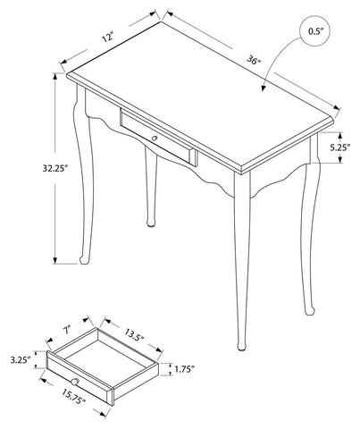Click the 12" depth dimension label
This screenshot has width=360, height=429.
108,38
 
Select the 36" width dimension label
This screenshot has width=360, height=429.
254,61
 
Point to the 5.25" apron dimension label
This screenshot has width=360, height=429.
339,147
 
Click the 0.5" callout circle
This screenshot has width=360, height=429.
315,31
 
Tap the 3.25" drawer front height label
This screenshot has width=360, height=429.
21,360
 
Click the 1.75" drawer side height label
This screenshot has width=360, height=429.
184,369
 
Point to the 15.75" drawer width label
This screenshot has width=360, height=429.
74,397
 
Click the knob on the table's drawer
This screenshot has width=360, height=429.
155,138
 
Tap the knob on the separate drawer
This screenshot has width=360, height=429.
75,382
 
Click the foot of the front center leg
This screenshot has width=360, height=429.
242,347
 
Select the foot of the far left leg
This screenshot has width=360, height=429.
84,260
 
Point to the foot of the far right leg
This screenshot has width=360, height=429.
309,310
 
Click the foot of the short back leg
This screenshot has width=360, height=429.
151,223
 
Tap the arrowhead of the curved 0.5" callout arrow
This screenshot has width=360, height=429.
263,88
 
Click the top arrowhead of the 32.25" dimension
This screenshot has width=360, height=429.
55,76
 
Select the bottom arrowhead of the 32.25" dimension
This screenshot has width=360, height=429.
54,261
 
